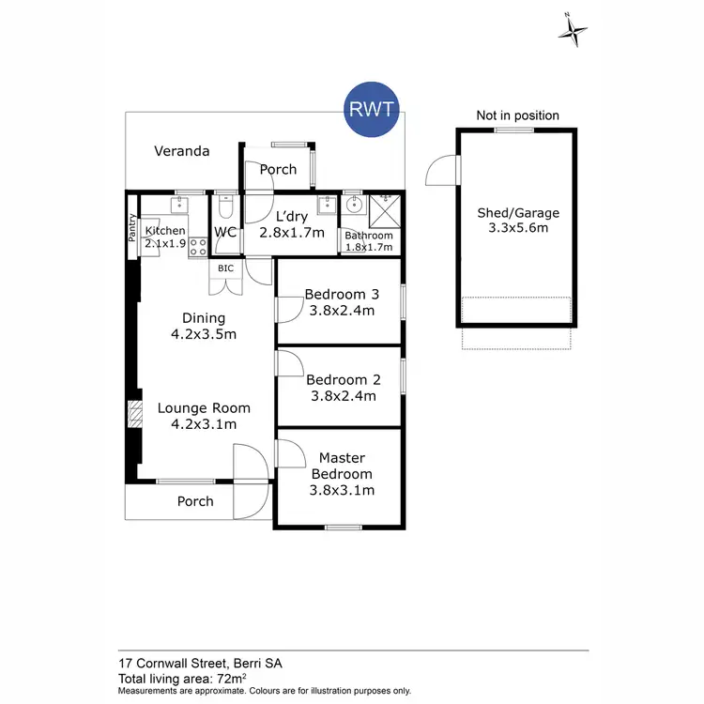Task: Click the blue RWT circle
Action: [374, 110]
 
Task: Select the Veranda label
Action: [182, 151]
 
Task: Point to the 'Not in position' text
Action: [517, 115]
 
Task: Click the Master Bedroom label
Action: [342, 474]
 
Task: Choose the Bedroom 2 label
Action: [343, 388]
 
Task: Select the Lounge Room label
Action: [204, 416]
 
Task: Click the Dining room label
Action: [204, 326]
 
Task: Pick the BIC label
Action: [225, 268]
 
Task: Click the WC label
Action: [224, 232]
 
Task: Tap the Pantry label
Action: [132, 230]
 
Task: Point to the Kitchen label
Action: [165, 231]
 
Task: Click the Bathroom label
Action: [368, 236]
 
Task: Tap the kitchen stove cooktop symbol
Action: [198, 248]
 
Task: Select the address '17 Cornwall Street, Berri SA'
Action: [200, 663]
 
